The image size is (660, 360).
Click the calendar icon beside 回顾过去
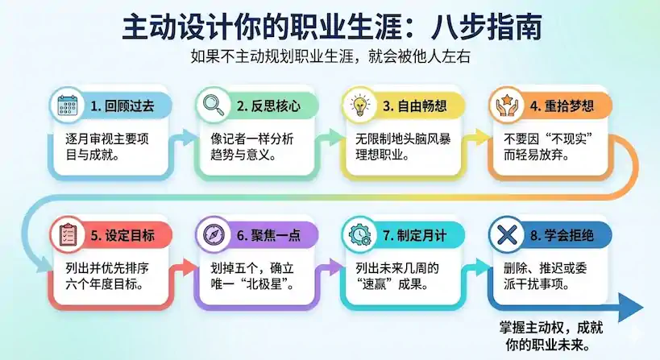click(x=67, y=106)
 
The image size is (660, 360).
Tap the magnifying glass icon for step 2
click(x=214, y=106)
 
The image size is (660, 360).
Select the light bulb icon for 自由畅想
click(x=359, y=106)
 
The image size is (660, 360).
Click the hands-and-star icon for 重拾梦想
click(x=506, y=106)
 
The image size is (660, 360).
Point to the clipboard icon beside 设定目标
click(x=67, y=234)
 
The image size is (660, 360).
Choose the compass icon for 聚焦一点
click(x=214, y=234)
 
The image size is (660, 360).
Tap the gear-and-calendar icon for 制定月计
click(x=359, y=234)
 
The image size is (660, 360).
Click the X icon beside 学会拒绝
click(x=506, y=234)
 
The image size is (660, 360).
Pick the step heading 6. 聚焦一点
click(x=268, y=235)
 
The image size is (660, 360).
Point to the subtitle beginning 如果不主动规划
click(x=330, y=56)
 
